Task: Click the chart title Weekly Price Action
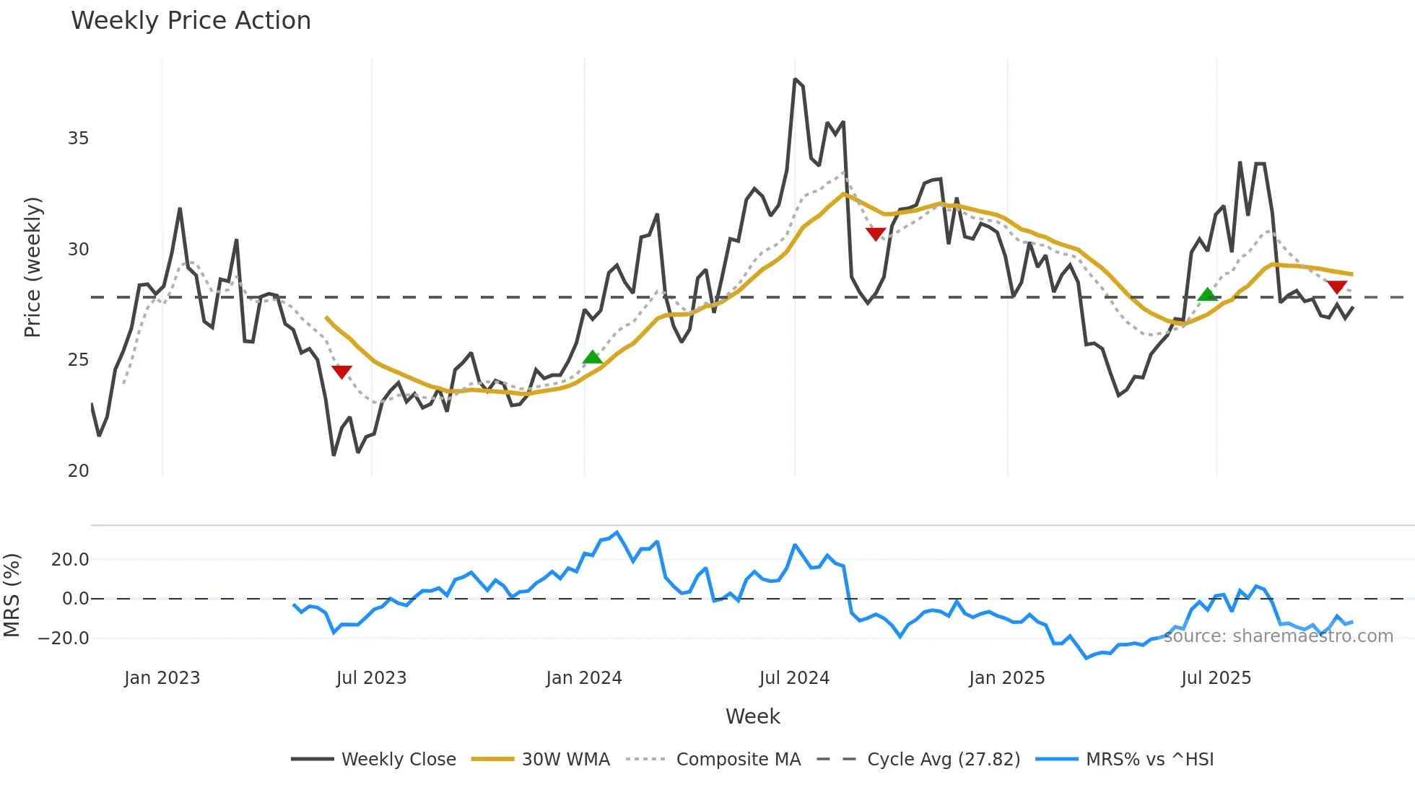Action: click(191, 21)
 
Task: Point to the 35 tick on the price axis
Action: click(78, 139)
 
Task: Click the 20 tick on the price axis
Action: click(78, 471)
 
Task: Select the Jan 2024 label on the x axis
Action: click(583, 678)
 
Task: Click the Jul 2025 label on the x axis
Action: click(1216, 678)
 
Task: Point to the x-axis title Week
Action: click(752, 716)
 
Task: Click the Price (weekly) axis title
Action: click(32, 267)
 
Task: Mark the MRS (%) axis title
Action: click(12, 595)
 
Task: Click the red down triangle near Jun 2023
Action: click(341, 372)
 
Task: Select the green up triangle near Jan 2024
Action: click(592, 357)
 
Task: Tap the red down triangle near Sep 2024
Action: click(876, 234)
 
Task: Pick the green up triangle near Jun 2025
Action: click(1207, 294)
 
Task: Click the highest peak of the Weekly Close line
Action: click(795, 79)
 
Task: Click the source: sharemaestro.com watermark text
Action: click(1278, 636)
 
